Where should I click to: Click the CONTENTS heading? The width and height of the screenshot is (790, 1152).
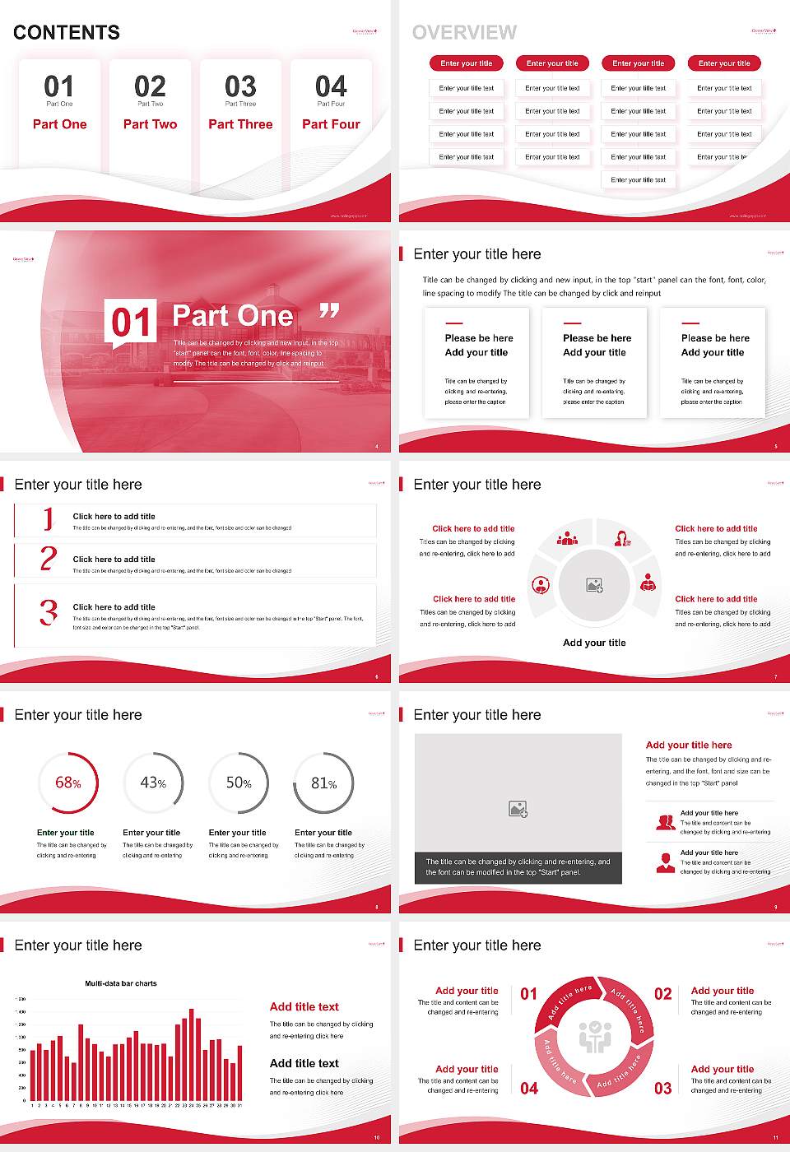pos(67,33)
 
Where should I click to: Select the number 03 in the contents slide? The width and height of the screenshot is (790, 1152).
pos(240,86)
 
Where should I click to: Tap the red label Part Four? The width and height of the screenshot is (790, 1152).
pos(331,124)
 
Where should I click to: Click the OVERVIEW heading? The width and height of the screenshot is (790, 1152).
pos(464,33)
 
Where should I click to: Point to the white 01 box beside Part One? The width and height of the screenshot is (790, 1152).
pos(131,321)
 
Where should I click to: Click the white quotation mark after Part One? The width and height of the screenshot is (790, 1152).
pos(329,311)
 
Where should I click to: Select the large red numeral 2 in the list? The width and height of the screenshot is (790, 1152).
pos(49,559)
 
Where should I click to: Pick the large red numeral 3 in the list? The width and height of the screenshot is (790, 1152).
pos(49,612)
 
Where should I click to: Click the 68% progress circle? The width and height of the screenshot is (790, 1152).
pos(68,783)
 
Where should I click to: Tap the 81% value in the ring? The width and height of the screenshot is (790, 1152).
pos(323,783)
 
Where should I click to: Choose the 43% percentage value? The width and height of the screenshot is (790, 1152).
pos(153,783)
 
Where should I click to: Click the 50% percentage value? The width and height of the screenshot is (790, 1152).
pos(239,783)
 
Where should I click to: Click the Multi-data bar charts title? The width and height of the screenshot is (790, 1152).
pos(121,983)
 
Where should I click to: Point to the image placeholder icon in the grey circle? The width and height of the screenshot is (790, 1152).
pos(594,586)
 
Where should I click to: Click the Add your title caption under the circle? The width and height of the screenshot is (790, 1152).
pos(594,643)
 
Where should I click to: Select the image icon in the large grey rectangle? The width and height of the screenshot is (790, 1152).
pos(518,809)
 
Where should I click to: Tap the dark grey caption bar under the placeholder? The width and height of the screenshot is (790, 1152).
pos(518,867)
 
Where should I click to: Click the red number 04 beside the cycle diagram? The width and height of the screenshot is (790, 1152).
pos(529,1088)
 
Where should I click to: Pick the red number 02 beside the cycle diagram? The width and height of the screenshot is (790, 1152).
pos(662,994)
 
